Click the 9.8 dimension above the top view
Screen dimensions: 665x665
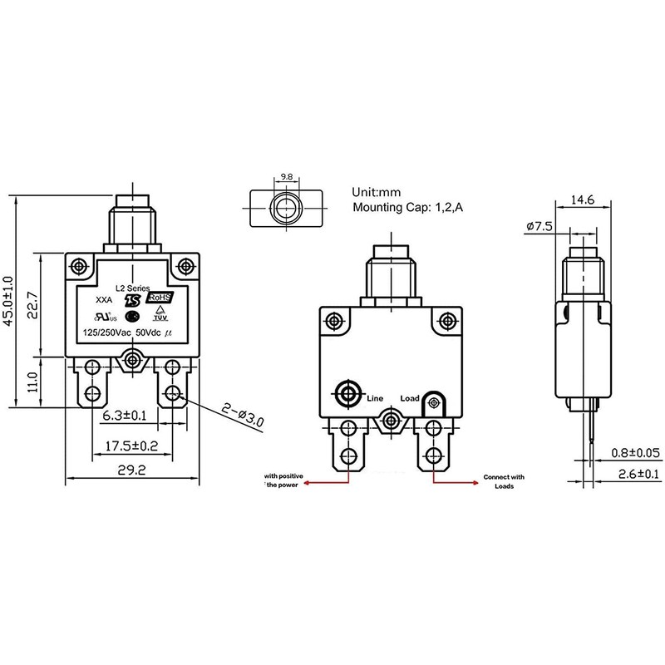[286, 177]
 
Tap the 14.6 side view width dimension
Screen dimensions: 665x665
[582, 199]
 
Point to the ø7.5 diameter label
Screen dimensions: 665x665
[540, 225]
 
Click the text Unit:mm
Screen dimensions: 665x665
[378, 190]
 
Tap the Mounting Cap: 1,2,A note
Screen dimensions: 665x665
[407, 208]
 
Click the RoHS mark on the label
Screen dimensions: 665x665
[160, 297]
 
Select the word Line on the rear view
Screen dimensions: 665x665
[375, 398]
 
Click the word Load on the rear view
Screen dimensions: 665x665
[410, 398]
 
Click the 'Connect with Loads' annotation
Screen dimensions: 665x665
[504, 481]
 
